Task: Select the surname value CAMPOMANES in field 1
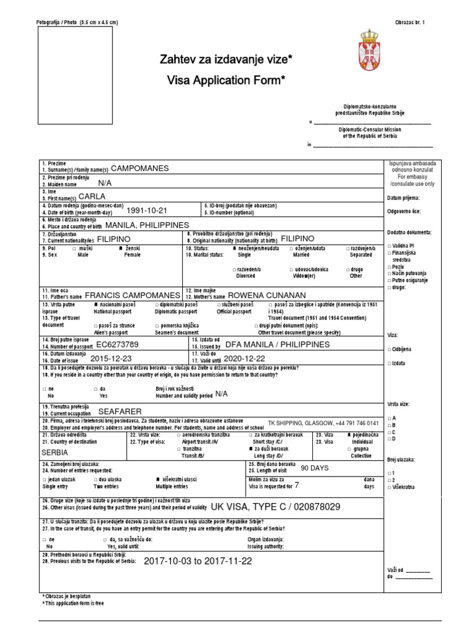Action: click(x=139, y=168)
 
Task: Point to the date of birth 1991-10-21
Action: click(x=146, y=210)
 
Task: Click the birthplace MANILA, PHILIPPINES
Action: click(x=148, y=225)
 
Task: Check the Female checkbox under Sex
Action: click(x=122, y=248)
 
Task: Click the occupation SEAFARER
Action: click(x=120, y=411)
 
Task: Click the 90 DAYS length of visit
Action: click(x=315, y=468)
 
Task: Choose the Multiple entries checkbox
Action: click(x=157, y=479)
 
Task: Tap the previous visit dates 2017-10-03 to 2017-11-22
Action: click(x=197, y=561)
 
